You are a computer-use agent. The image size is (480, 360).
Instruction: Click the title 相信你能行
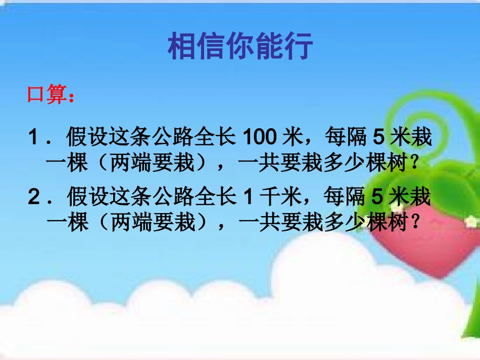(240, 46)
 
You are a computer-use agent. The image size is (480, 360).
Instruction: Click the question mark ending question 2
(415, 223)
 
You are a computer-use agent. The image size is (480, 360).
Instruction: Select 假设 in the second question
(85, 197)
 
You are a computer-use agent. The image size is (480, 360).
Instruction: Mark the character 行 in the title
(299, 46)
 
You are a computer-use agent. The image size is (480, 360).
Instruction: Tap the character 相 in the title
(181, 46)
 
